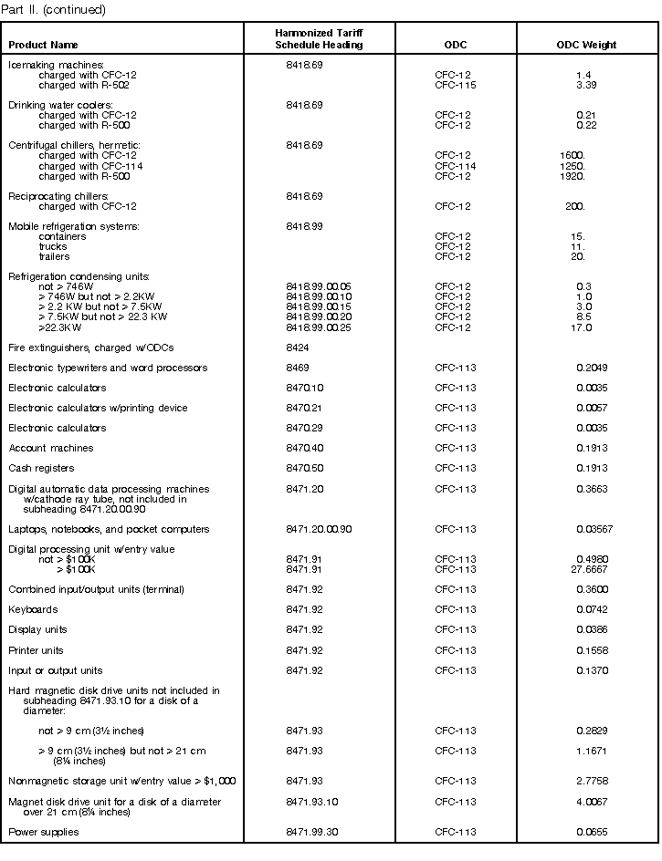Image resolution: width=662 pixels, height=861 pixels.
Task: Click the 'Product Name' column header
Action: click(43, 45)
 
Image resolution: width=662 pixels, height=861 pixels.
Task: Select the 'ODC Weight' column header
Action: click(586, 45)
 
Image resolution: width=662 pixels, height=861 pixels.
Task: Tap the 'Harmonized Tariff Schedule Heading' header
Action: click(319, 38)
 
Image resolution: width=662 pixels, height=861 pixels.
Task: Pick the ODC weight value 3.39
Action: click(585, 85)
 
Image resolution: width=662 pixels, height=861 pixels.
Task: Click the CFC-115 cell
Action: click(455, 85)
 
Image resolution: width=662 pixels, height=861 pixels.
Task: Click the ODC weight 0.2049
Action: click(591, 368)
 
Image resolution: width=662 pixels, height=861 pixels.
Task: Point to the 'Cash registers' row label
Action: click(41, 468)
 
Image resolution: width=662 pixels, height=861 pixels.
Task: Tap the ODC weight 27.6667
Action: click(589, 569)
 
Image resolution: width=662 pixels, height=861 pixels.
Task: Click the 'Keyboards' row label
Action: click(33, 609)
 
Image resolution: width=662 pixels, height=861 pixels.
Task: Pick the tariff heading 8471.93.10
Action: click(310, 802)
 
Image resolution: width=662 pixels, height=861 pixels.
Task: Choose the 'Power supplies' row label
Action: click(44, 832)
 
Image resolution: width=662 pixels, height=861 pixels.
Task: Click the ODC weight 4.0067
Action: click(591, 802)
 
